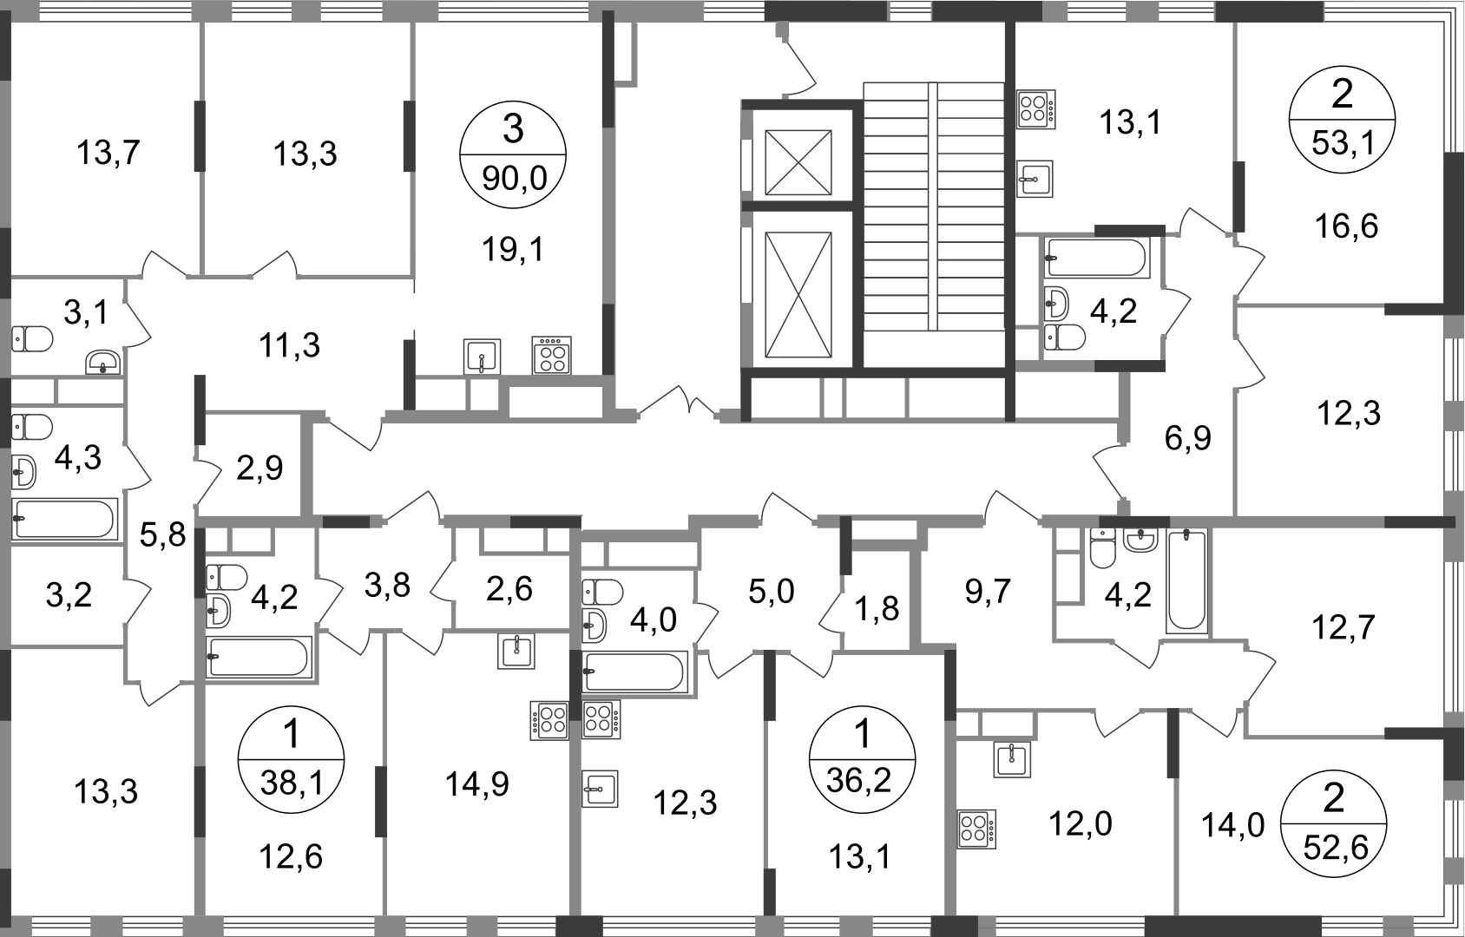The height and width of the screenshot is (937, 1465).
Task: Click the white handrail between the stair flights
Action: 932,206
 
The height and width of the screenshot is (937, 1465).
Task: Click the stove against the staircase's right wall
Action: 1040,108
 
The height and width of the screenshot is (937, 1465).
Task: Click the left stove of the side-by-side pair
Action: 550,720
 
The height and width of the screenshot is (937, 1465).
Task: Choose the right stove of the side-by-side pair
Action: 603,720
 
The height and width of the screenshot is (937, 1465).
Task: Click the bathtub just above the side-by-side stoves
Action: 638,672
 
